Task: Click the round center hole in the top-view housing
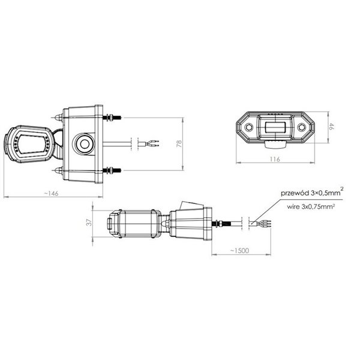point(83,143)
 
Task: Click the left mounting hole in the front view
point(247,127)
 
